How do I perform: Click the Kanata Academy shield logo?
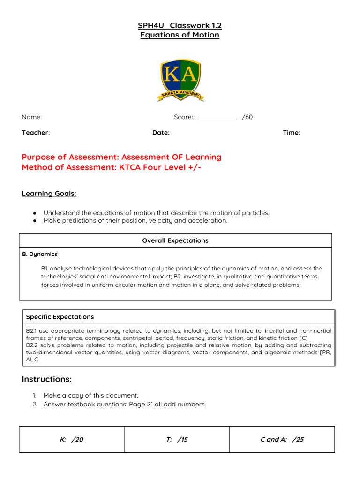(180, 80)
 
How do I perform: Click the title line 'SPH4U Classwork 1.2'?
(180, 25)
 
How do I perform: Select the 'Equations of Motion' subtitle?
(180, 35)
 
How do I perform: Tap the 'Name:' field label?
(31, 117)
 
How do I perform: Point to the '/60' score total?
(247, 117)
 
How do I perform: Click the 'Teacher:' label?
(36, 133)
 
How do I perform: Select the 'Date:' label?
(161, 133)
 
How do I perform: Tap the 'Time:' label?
(292, 133)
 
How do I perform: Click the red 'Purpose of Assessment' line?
(121, 157)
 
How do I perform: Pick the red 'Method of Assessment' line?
(112, 167)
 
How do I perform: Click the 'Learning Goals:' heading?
(49, 194)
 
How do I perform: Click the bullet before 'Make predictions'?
(35, 221)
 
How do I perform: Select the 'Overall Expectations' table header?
(175, 240)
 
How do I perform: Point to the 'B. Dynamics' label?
(40, 254)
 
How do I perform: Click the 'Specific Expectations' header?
(60, 317)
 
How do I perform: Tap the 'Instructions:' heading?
(46, 379)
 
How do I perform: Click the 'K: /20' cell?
(71, 440)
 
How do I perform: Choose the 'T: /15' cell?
(177, 440)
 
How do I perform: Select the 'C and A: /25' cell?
(282, 440)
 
